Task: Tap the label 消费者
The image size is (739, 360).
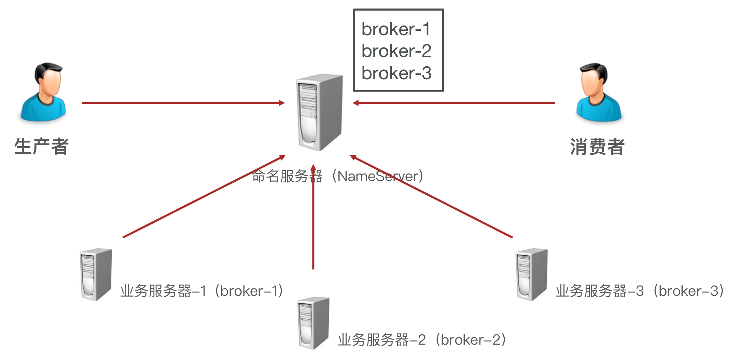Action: [x=597, y=147]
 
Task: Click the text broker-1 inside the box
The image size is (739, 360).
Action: [x=396, y=29]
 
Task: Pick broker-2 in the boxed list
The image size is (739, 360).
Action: [x=396, y=51]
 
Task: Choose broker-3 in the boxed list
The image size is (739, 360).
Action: [x=396, y=73]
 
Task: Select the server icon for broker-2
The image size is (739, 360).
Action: [x=313, y=323]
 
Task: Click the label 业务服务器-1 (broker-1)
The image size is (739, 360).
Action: [x=201, y=291]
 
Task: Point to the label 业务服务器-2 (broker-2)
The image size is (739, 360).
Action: [x=422, y=340]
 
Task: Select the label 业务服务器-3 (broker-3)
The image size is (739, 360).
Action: [x=640, y=291]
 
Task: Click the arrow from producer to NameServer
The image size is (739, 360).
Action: [x=183, y=102]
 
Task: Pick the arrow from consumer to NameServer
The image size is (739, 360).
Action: [x=454, y=102]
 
